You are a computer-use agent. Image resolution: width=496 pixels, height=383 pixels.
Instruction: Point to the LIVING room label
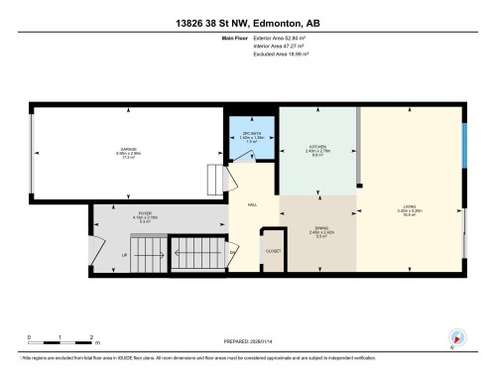pos(409,206)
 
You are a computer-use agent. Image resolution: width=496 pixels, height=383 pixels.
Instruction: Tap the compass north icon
pos(457,337)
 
